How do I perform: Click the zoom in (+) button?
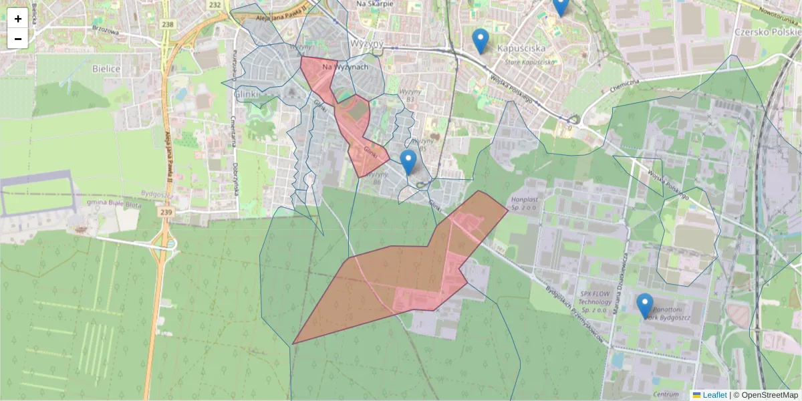tap(18, 18)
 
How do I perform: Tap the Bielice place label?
tap(106, 69)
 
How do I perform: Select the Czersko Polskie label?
tap(766, 31)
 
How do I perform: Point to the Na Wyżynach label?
tap(345, 68)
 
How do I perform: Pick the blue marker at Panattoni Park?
tap(644, 305)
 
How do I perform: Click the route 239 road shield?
tap(166, 212)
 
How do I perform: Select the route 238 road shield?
tap(168, 25)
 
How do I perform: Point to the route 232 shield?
tap(215, 5)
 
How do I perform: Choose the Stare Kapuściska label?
tap(530, 61)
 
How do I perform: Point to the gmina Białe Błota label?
tap(114, 203)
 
